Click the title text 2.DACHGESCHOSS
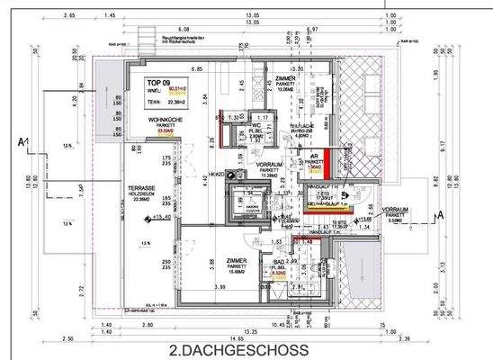(x=238, y=349)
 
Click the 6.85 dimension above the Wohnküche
(x=193, y=69)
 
